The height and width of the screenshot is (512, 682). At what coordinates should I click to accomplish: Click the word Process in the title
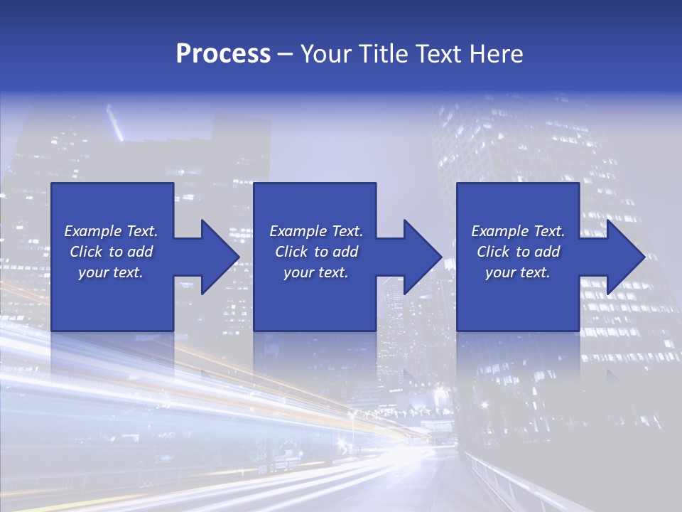[223, 54]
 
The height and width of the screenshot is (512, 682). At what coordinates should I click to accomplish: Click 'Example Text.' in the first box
[111, 231]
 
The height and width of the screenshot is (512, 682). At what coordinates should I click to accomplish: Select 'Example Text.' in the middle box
[316, 231]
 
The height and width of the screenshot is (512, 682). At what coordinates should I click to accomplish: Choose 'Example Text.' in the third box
[518, 231]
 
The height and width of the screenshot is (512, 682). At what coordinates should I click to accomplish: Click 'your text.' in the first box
[111, 272]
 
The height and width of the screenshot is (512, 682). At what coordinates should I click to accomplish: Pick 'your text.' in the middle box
[316, 272]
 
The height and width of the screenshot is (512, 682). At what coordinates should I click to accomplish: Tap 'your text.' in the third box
[518, 272]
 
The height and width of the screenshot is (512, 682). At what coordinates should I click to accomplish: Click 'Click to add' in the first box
[111, 252]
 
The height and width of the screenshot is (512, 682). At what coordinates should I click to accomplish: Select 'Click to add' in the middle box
[316, 252]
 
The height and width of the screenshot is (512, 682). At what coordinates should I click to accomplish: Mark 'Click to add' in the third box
[518, 252]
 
